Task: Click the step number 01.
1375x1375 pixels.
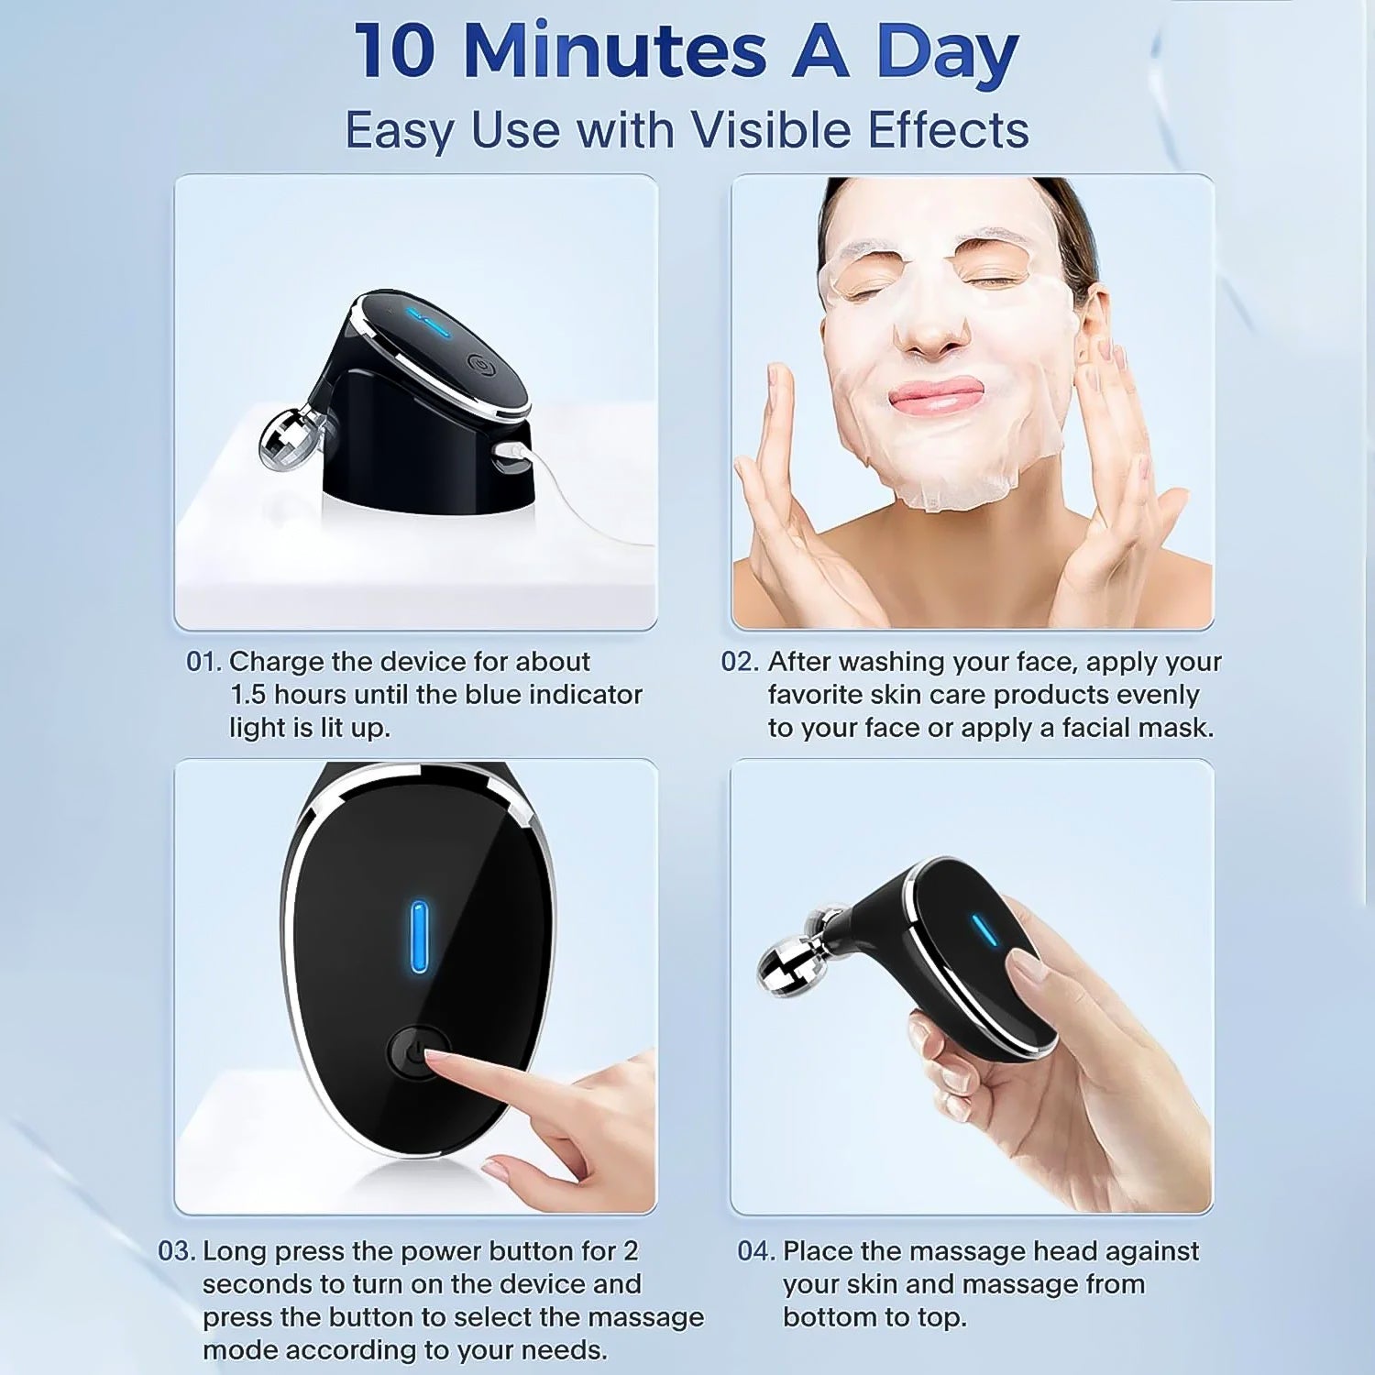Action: (x=203, y=662)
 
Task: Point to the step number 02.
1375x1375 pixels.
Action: (x=739, y=662)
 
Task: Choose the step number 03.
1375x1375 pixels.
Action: (x=176, y=1251)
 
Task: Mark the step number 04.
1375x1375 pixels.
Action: (x=756, y=1251)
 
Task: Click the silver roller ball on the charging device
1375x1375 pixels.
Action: (x=287, y=441)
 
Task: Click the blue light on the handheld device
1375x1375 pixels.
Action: (x=985, y=930)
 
